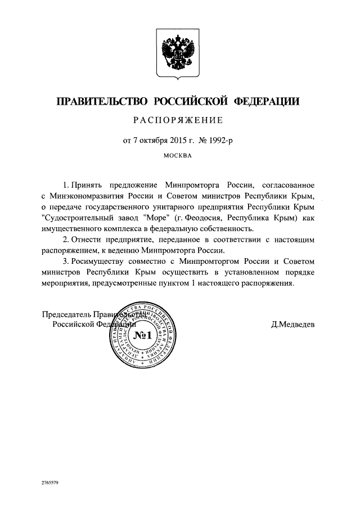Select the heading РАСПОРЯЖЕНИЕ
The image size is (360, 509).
click(178, 120)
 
